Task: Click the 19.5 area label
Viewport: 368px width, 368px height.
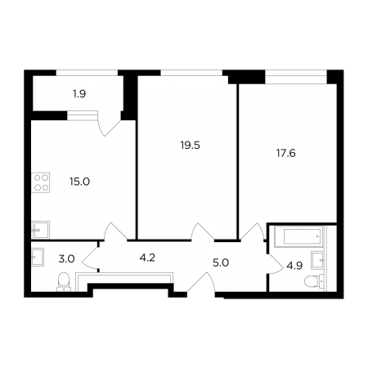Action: (190, 146)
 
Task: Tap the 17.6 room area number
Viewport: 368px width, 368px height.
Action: (286, 153)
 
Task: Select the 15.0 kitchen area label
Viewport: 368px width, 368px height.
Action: (79, 182)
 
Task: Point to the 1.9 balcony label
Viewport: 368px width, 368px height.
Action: (79, 94)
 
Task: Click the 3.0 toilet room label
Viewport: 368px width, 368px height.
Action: (66, 258)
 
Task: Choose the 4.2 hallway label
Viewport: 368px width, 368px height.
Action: (147, 258)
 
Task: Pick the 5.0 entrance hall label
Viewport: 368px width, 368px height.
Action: (221, 263)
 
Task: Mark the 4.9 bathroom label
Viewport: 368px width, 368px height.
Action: (294, 266)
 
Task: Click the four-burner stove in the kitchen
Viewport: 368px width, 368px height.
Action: (41, 182)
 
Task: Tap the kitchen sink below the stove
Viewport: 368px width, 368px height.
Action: (40, 230)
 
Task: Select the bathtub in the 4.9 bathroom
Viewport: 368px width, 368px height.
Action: (298, 236)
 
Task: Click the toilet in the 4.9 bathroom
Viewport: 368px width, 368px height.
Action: (314, 281)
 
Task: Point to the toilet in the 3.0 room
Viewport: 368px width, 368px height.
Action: (64, 281)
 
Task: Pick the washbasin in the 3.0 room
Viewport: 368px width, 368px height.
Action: (38, 257)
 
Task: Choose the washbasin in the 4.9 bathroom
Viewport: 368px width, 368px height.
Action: (317, 260)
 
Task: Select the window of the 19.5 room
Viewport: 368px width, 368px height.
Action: (191, 73)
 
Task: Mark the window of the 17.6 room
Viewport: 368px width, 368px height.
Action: (296, 73)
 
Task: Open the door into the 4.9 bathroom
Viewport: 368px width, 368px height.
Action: (276, 264)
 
